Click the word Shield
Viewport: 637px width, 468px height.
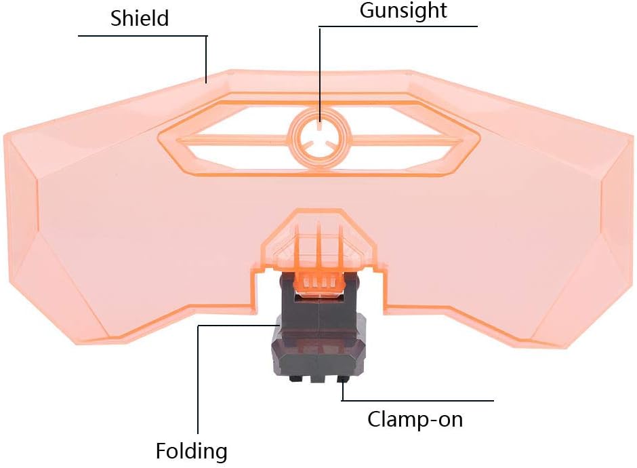click(x=140, y=18)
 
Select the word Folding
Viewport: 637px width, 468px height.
click(x=192, y=450)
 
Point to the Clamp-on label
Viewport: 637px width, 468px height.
click(x=415, y=418)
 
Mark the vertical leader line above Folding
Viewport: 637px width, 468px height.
click(x=198, y=380)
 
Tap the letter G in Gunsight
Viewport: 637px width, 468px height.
click(x=367, y=11)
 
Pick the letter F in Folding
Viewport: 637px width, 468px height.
click(x=161, y=450)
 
